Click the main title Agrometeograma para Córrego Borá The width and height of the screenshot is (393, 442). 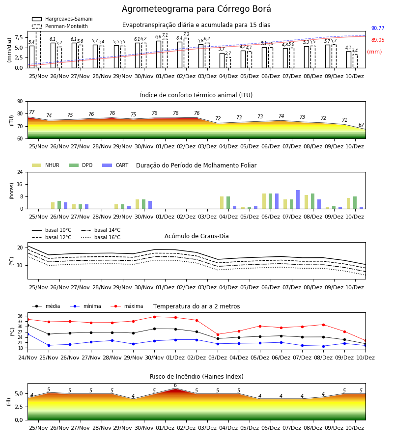[196, 9]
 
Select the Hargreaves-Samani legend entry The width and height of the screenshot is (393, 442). [62, 19]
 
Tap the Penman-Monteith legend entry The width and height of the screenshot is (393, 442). [60, 26]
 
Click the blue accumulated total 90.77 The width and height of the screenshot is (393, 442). [378, 28]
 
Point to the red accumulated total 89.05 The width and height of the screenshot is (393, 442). [378, 40]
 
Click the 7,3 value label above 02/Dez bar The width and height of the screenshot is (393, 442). [186, 34]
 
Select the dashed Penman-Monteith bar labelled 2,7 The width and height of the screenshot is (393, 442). [228, 62]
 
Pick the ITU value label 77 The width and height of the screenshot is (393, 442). [32, 112]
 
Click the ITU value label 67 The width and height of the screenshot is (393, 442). [362, 125]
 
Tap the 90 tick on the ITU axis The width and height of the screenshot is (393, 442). [20, 102]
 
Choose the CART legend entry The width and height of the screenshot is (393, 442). [115, 165]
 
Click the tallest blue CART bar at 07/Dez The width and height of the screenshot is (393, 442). [298, 199]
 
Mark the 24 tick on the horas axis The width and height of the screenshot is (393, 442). [20, 172]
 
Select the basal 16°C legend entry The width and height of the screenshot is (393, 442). [101, 237]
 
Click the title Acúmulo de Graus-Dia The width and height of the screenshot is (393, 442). [196, 236]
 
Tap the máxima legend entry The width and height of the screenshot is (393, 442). [127, 306]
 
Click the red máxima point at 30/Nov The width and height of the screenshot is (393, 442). [154, 317]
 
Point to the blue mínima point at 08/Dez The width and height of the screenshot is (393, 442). [323, 346]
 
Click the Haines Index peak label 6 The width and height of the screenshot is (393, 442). [175, 386]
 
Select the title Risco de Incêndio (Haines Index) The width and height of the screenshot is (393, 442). [196, 377]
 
